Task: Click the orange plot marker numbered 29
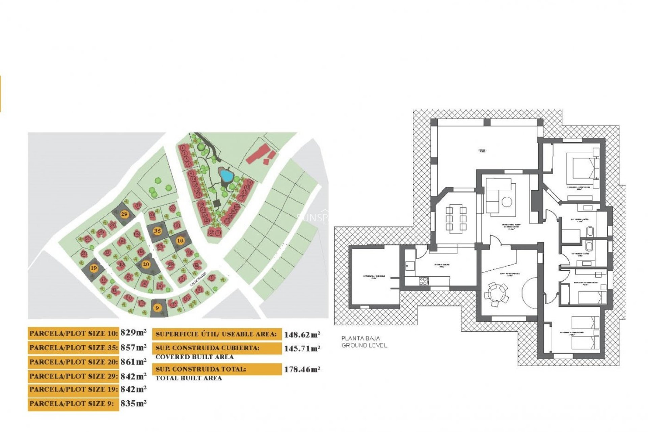click(124, 214)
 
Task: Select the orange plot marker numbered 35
click(157, 231)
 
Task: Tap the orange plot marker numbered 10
click(180, 241)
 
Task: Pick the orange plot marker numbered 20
click(146, 264)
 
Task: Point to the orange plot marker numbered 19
click(94, 268)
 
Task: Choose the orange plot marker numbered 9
click(157, 308)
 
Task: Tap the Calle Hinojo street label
click(198, 279)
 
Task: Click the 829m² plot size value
click(133, 333)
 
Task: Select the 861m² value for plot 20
click(133, 362)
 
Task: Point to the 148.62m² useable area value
click(302, 335)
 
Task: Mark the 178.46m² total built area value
click(302, 369)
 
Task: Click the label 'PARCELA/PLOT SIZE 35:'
click(74, 348)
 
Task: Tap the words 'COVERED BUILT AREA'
click(194, 357)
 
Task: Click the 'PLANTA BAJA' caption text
click(360, 338)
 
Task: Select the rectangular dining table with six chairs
click(456, 218)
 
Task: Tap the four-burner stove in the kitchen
click(424, 281)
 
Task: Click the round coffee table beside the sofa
click(507, 202)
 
